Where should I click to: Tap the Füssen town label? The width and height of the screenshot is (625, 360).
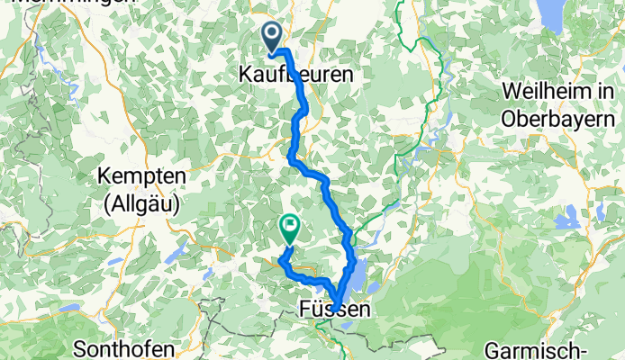(332, 310)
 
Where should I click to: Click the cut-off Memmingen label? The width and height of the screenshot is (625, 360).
(72, 4)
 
